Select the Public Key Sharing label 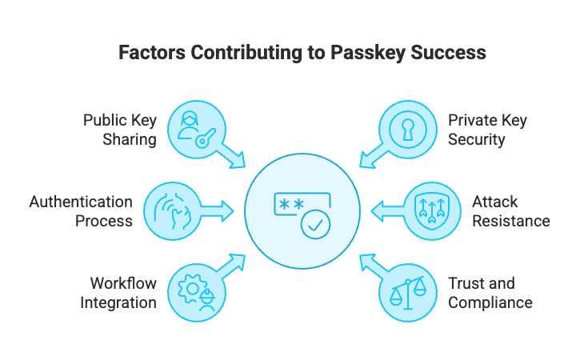click(120, 130)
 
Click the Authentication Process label click(81, 211)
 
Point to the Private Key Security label click(487, 130)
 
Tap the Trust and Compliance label click(490, 293)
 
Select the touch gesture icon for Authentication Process click(173, 211)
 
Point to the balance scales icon click(409, 293)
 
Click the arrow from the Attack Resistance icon click(386, 211)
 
